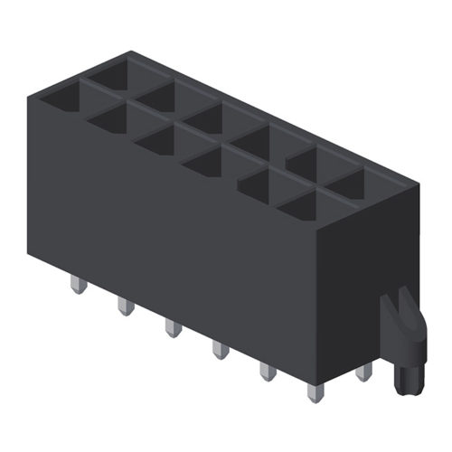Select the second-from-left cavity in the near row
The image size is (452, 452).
tap(113, 118)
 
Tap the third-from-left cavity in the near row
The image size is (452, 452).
tap(161, 140)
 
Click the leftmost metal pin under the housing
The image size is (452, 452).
tap(78, 287)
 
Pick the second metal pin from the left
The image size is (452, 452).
tap(125, 307)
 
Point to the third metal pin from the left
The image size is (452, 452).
tap(172, 327)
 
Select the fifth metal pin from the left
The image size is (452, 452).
tap(268, 371)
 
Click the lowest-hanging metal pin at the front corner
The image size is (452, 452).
tap(314, 391)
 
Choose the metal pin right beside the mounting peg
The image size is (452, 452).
tap(363, 372)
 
